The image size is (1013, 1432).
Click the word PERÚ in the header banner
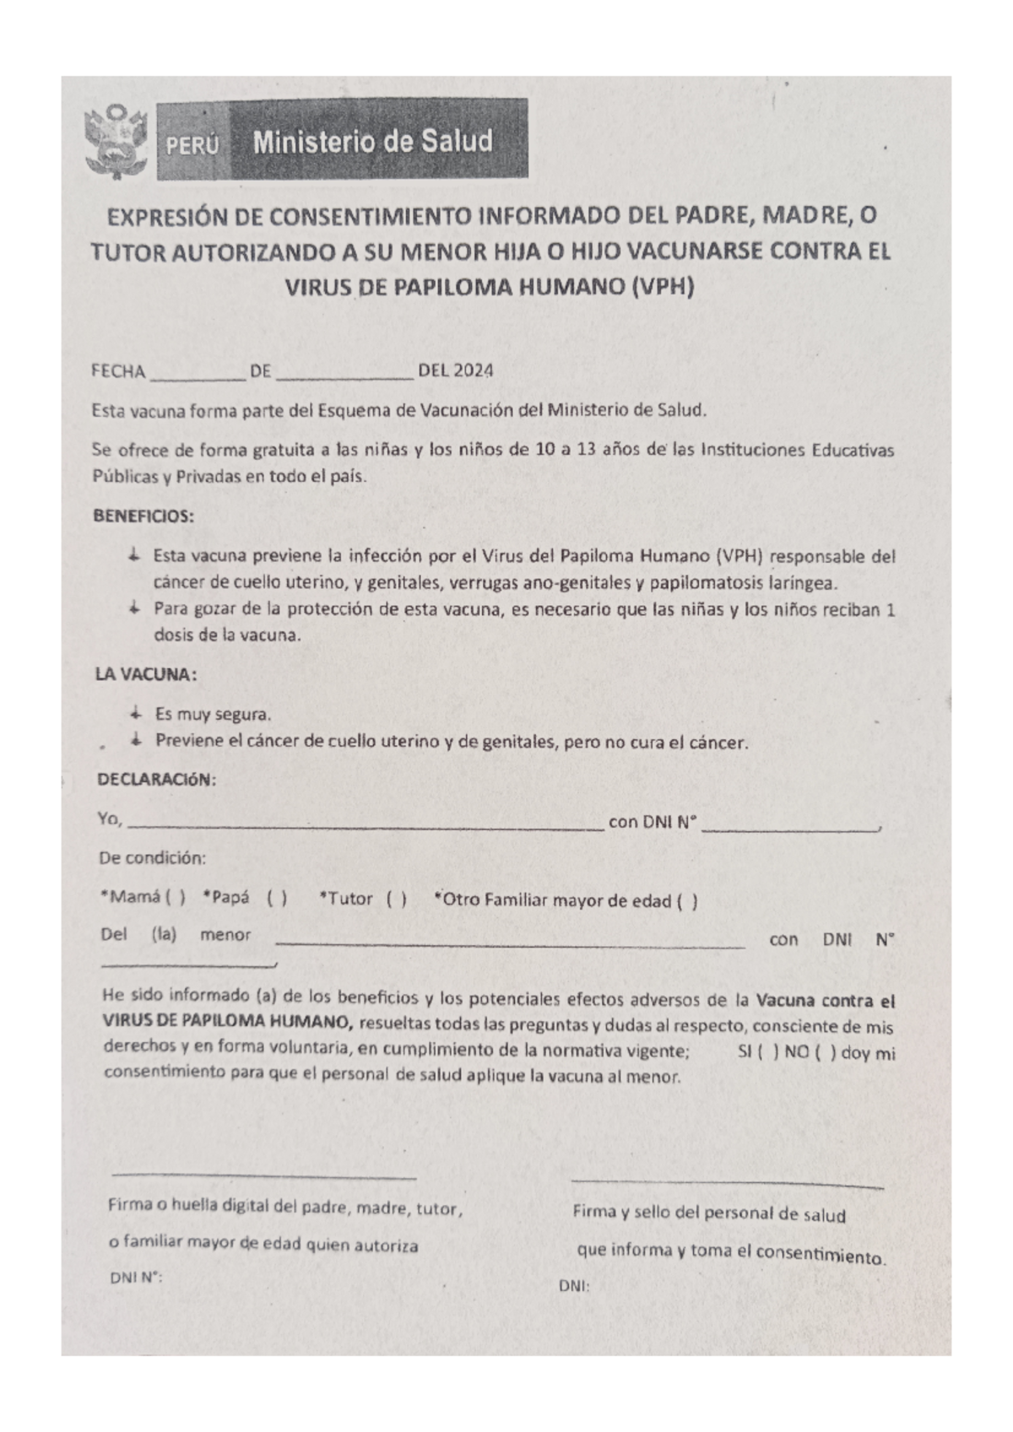192,146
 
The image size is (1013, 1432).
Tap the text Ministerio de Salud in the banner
372,142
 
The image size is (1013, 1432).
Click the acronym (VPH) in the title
663,287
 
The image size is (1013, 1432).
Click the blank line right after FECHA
198,376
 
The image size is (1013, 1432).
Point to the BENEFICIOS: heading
143,516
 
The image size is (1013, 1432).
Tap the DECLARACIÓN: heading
157,780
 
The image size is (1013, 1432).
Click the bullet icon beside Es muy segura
135,714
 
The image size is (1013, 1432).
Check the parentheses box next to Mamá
176,898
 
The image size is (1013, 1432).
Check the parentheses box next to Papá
277,898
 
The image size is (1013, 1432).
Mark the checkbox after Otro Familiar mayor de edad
687,901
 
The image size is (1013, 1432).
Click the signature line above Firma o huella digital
264,1175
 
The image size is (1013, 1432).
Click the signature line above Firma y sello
727,1183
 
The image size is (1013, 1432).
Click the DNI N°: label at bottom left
136,1278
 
